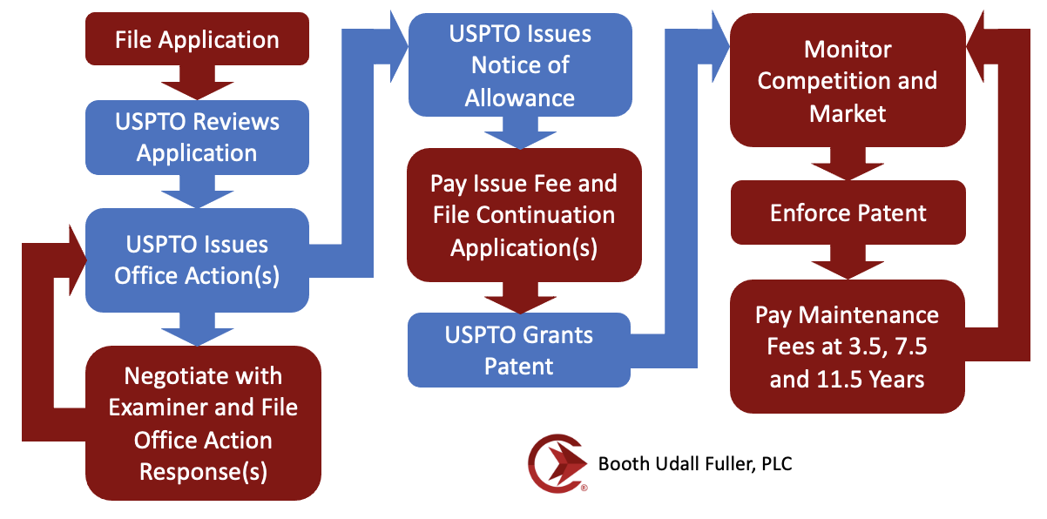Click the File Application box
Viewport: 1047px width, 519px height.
coord(197,39)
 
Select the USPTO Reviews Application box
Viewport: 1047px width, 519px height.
coord(197,137)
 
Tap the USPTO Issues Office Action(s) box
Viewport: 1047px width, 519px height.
coord(197,259)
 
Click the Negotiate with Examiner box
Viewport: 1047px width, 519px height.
coord(203,423)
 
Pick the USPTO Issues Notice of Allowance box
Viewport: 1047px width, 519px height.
coord(520,65)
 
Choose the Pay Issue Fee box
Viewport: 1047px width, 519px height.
coord(523,215)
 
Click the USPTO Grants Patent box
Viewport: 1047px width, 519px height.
coord(519,350)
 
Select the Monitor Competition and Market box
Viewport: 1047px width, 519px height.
coord(848,81)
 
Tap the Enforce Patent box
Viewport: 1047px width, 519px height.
coord(848,212)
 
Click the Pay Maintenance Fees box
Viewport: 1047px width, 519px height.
coord(847,346)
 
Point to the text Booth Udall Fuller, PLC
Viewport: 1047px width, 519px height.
coord(695,463)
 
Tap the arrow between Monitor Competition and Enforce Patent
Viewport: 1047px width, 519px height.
coord(848,163)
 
